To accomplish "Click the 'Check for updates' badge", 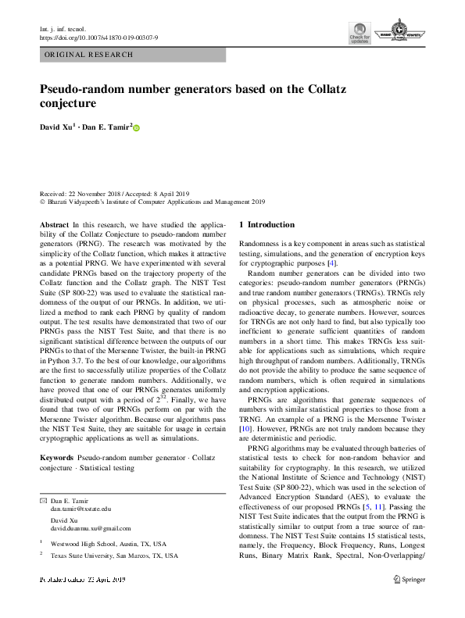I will [359, 34].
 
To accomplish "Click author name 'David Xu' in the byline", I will [57, 127].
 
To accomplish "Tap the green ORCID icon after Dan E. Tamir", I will [136, 127].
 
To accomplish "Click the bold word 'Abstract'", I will [53, 224].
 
